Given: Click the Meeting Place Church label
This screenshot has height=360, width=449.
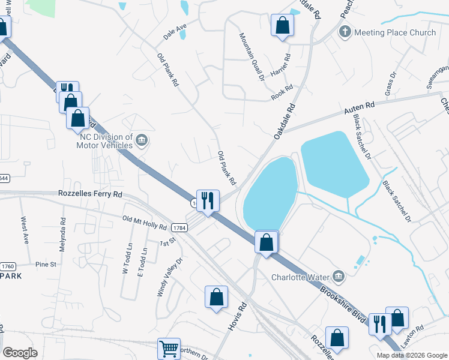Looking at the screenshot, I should click(x=395, y=32).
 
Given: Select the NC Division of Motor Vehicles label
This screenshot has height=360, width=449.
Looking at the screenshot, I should click(x=106, y=141).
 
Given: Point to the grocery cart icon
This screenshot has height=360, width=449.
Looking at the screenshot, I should click(x=169, y=349).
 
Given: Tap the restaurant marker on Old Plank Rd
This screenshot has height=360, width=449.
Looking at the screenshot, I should click(x=208, y=201).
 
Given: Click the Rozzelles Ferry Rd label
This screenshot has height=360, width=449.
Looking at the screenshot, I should click(x=90, y=194).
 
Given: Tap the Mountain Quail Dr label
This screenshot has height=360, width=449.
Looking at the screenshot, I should click(x=252, y=56).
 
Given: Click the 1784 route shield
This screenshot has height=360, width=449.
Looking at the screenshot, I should click(x=178, y=228).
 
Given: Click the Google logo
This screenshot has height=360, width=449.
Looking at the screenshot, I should click(x=20, y=352).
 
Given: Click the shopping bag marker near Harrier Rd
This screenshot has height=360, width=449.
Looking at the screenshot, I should click(x=282, y=26).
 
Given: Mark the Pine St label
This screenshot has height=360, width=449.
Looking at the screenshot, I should click(x=46, y=264).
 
